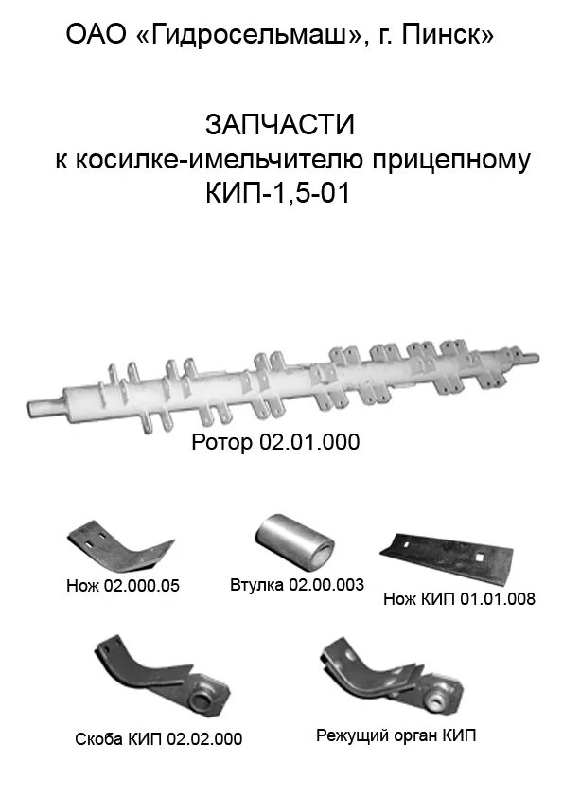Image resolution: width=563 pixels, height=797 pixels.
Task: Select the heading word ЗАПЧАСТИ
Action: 279,124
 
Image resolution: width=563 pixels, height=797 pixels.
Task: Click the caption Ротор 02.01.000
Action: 275,442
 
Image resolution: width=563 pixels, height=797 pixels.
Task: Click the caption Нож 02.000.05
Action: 123,586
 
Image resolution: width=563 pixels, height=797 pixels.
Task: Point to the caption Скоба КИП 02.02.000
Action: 159,738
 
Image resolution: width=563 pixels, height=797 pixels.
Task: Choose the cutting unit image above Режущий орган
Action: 387,677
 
